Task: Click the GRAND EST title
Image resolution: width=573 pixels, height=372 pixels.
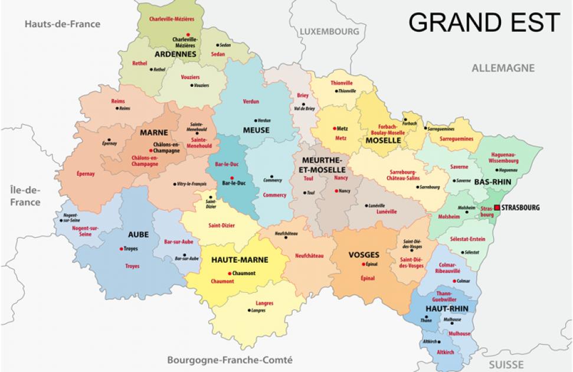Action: [484, 22]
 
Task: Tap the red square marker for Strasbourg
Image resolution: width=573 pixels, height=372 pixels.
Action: [497, 207]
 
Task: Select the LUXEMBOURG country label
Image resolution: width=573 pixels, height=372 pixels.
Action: [329, 31]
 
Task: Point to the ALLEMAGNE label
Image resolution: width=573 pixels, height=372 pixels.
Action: [503, 68]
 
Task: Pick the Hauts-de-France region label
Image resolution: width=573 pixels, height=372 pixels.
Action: [62, 24]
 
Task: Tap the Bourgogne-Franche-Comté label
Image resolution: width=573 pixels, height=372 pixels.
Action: [230, 360]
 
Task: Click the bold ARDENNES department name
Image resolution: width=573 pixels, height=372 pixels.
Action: [175, 54]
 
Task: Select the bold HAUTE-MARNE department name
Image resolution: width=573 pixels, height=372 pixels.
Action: [240, 259]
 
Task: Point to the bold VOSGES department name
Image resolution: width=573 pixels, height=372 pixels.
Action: [364, 254]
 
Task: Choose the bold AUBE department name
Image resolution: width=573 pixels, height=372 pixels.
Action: [134, 234]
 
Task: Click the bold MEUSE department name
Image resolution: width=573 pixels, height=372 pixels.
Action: [256, 130]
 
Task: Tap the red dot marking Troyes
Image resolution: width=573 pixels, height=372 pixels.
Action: [121, 249]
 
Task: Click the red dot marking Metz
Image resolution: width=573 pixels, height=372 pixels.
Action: [335, 128]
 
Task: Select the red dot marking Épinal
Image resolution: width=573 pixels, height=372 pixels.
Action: [362, 265]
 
